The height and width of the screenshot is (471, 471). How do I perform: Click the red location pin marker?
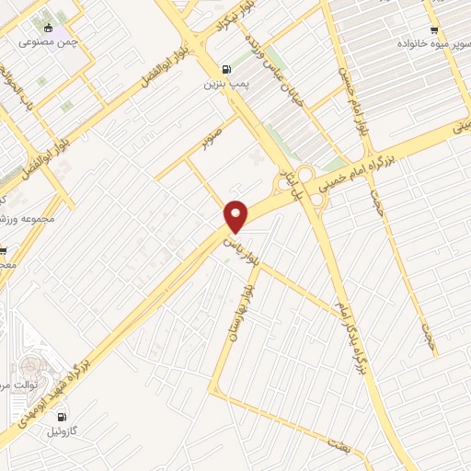(236, 215)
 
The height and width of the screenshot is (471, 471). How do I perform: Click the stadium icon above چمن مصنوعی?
(48, 27)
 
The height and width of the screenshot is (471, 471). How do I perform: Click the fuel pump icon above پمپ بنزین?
(224, 68)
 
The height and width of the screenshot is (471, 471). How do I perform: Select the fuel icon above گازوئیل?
(63, 416)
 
